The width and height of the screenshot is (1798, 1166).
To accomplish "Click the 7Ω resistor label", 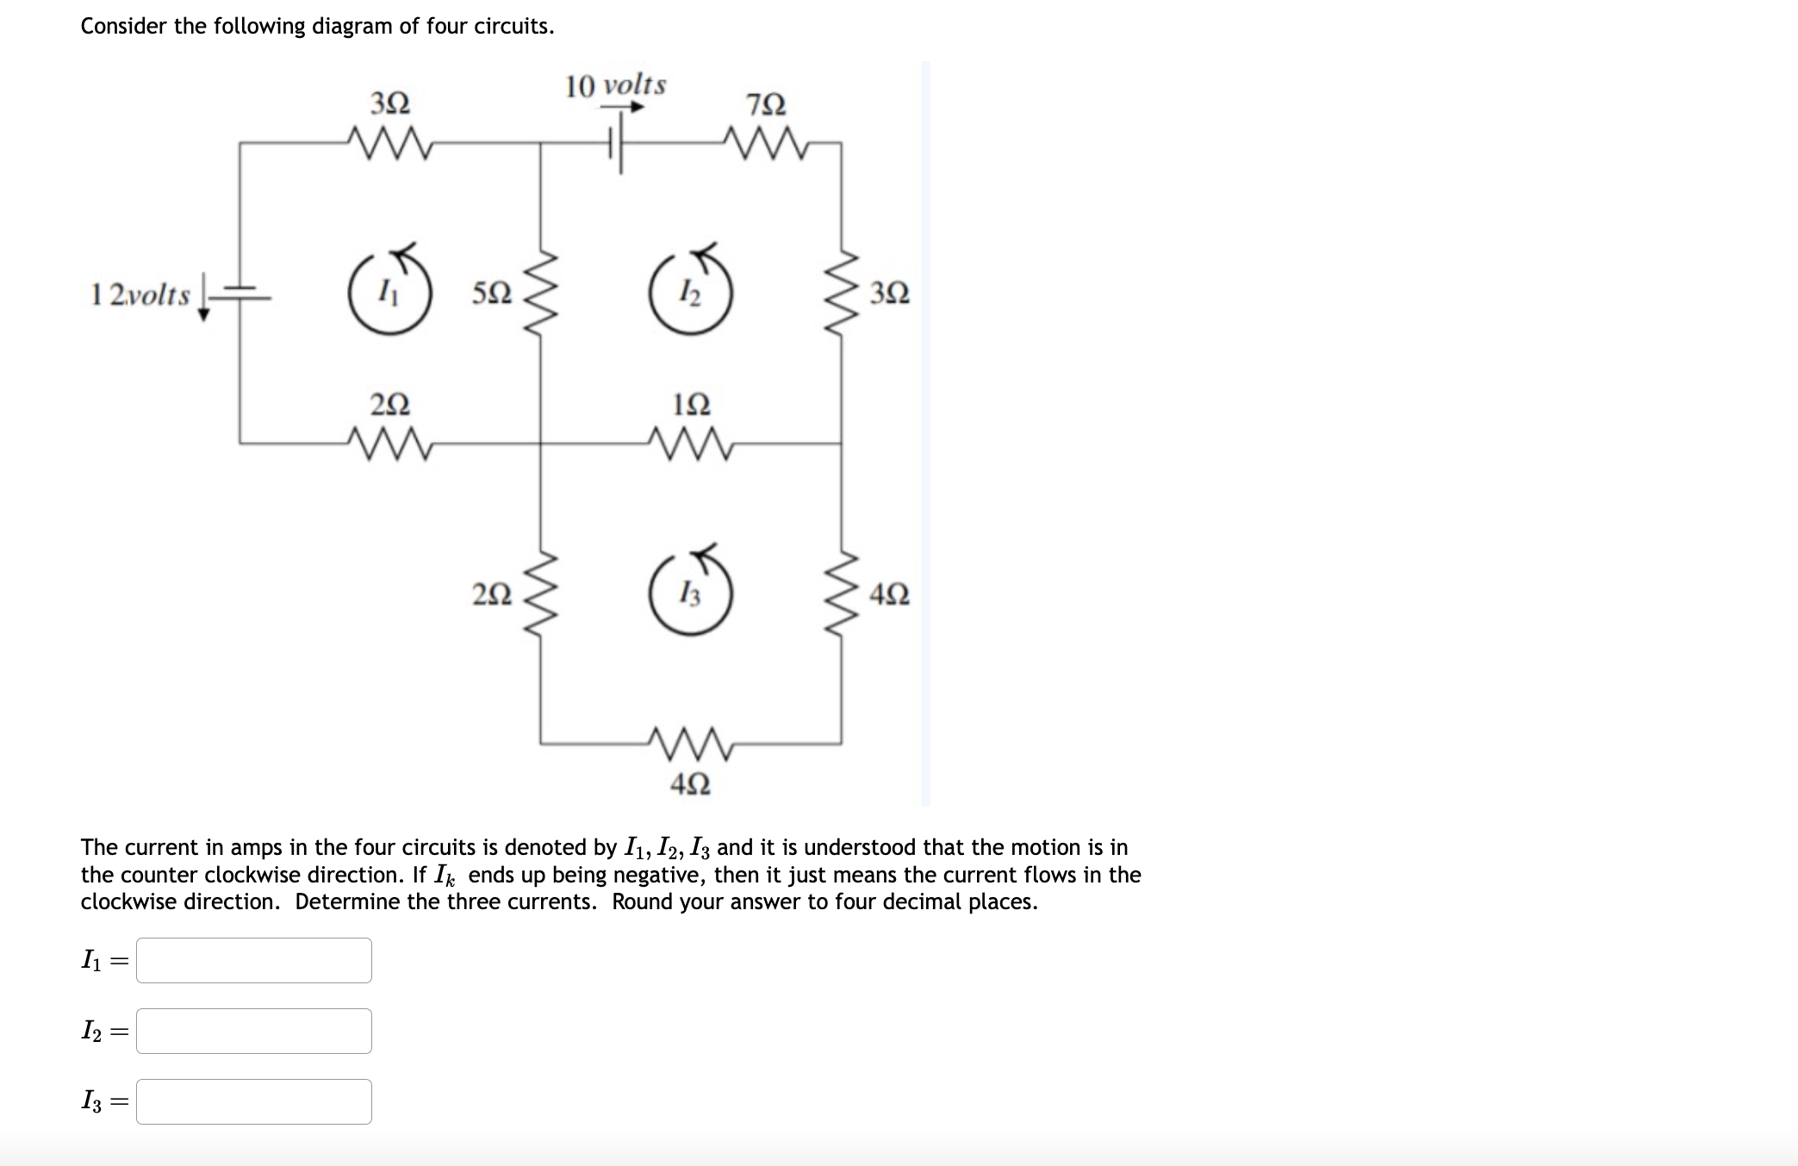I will tap(766, 105).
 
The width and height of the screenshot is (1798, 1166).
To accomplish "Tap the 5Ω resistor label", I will tap(492, 294).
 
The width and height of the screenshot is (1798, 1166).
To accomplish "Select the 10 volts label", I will tap(615, 85).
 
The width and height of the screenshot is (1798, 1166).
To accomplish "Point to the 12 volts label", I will tap(140, 295).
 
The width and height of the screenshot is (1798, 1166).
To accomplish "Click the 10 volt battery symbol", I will tap(615, 144).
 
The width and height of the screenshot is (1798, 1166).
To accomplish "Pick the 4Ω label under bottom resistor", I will tap(690, 784).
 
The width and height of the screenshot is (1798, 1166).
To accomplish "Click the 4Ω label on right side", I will tap(889, 595).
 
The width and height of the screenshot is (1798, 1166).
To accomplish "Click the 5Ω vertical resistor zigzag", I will tap(541, 295).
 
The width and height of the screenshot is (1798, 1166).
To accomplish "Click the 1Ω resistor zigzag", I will tap(690, 444).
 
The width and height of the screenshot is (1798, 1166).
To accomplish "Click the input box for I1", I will tap(254, 960).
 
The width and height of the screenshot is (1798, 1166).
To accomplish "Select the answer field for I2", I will tap(254, 1031).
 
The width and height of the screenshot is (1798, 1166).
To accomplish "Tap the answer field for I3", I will tap(254, 1101).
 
